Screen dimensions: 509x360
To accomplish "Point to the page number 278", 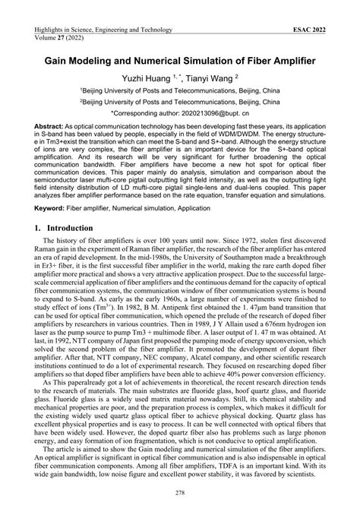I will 180,495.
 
